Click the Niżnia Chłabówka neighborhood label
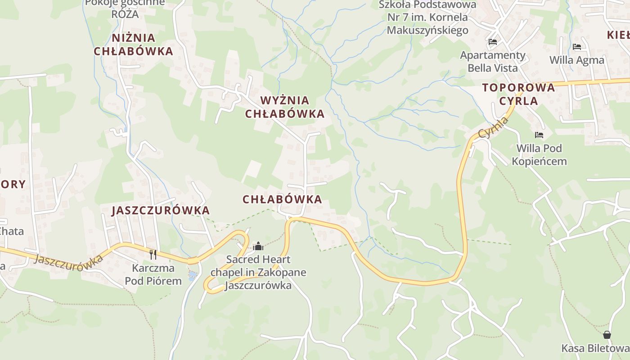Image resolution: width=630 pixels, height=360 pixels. (x=133, y=45)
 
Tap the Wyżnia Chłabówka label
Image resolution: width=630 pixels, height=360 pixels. (x=284, y=107)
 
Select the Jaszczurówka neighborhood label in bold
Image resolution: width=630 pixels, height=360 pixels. (x=161, y=210)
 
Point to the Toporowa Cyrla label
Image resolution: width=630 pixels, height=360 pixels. (x=518, y=94)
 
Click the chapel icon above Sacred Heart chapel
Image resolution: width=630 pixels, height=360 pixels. (x=258, y=246)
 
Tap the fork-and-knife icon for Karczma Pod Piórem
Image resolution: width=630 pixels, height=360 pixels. (x=153, y=255)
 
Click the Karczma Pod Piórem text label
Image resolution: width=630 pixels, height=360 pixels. (x=153, y=274)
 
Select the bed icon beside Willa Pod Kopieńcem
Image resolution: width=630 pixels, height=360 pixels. (x=539, y=135)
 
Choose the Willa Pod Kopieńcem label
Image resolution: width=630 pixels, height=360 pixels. (x=539, y=154)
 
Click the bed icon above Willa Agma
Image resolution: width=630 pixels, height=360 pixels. (x=577, y=47)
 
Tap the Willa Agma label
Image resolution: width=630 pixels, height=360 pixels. (x=577, y=60)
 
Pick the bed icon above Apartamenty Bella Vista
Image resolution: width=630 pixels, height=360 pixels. (x=493, y=42)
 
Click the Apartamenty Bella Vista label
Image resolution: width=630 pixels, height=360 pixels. (x=493, y=62)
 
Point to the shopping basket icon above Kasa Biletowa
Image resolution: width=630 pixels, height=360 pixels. (x=607, y=335)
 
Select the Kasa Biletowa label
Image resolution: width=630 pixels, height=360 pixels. (x=595, y=348)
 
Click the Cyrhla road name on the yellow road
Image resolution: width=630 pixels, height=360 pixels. (x=494, y=127)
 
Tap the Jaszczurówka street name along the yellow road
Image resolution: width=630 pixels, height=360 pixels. (x=68, y=262)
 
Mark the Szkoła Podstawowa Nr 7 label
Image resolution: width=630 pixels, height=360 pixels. (x=427, y=18)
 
